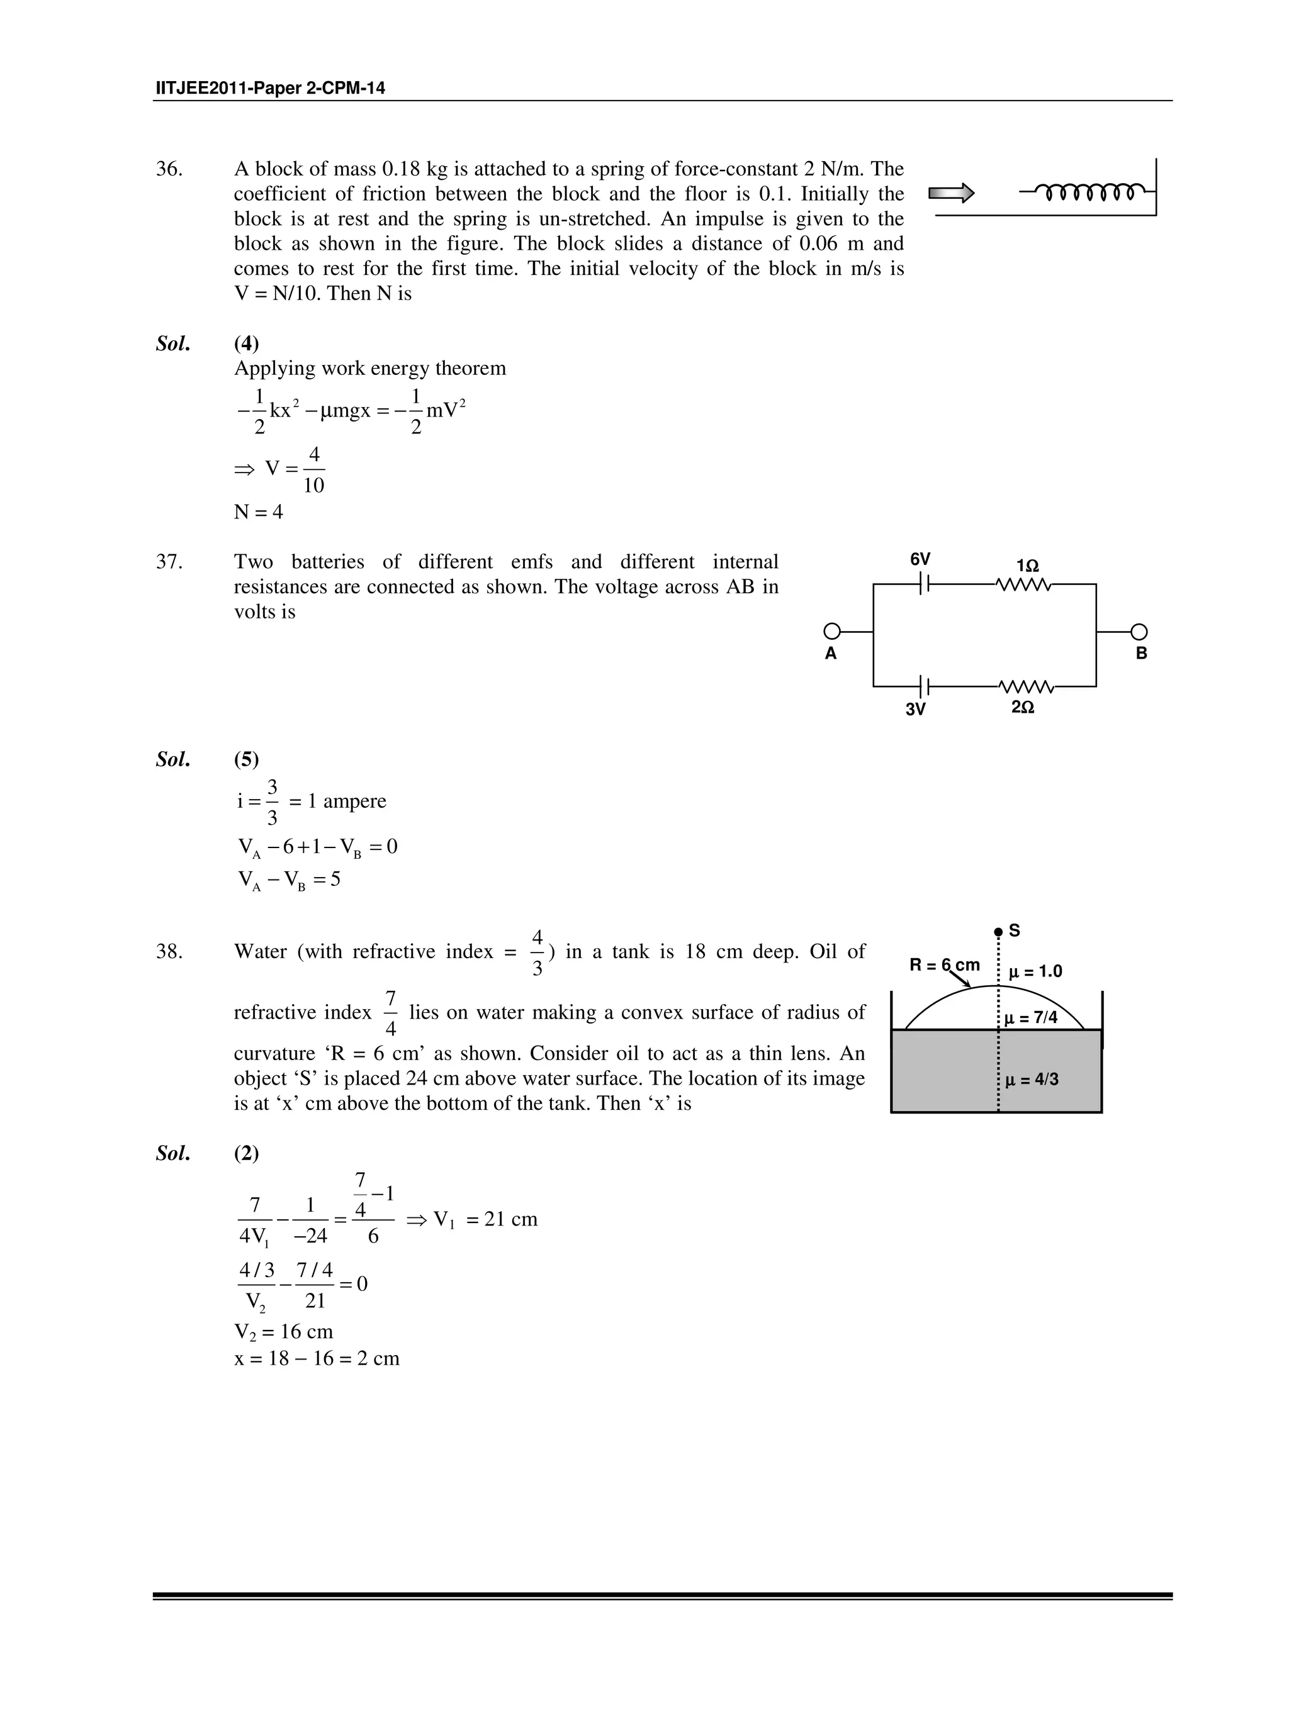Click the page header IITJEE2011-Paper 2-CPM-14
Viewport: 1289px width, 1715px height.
pos(270,88)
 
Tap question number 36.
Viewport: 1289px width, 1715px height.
pos(169,169)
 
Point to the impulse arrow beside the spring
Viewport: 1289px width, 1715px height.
pos(951,193)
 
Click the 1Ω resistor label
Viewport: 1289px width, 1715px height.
pos(1027,567)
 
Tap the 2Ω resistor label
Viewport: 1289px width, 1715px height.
pos(1022,707)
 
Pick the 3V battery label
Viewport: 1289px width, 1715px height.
pos(915,708)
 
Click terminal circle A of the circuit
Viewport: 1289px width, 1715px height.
pos(831,632)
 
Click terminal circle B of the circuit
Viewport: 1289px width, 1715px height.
pos(1139,632)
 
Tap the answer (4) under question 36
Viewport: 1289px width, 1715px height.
pos(247,344)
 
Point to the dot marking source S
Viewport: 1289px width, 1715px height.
pos(998,932)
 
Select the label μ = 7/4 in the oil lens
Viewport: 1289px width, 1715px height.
pos(1031,1018)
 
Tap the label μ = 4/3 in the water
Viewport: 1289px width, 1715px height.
pos(1032,1079)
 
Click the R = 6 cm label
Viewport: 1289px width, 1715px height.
pos(944,965)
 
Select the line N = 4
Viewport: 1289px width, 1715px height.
pos(258,511)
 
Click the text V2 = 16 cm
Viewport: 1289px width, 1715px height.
pos(284,1332)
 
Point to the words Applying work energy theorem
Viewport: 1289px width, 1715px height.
pos(370,368)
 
